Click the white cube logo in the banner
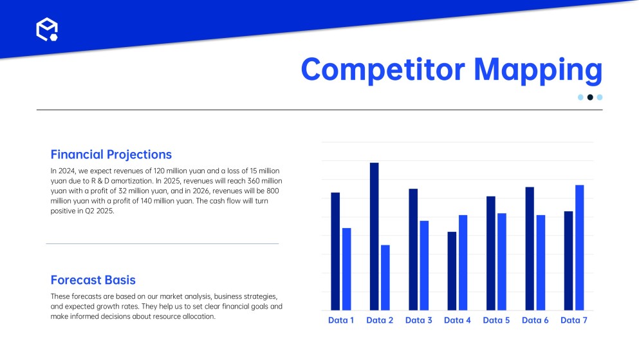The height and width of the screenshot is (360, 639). [x=47, y=30]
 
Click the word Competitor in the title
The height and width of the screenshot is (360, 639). [x=383, y=70]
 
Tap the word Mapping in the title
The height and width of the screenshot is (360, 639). [x=538, y=70]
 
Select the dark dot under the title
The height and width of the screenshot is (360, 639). [x=590, y=97]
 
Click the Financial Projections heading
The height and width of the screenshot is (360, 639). [x=111, y=155]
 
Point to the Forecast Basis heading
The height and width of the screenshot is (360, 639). [x=93, y=280]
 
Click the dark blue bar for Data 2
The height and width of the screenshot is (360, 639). [x=374, y=236]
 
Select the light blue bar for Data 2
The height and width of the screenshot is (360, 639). [x=385, y=278]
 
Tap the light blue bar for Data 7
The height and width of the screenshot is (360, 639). [x=580, y=248]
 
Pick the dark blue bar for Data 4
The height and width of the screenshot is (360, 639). [x=452, y=271]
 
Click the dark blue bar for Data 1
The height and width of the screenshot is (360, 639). [x=335, y=252]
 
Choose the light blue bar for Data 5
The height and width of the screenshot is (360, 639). [x=502, y=261]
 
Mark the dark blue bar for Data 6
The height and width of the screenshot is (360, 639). [x=530, y=249]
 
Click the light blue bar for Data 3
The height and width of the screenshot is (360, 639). [x=424, y=265]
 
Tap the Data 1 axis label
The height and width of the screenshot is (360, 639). [x=341, y=321]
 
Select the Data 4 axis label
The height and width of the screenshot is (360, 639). [x=458, y=321]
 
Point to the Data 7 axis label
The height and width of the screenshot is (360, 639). [x=574, y=321]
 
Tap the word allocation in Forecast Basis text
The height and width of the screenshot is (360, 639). [x=199, y=316]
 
